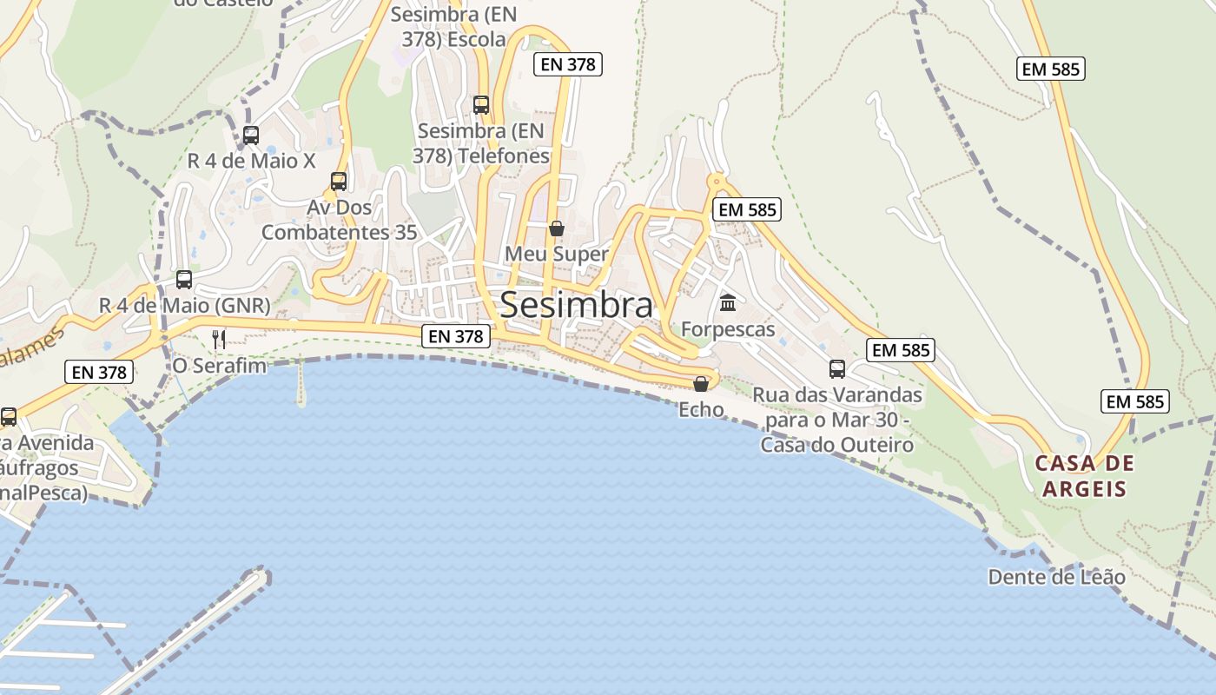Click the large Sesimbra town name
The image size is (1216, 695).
click(x=576, y=305)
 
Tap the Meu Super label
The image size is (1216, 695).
click(x=557, y=255)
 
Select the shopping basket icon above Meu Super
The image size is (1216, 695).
click(x=557, y=228)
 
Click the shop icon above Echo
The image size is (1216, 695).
click(x=701, y=383)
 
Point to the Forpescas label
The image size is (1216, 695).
click(x=728, y=329)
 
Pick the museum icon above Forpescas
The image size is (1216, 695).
click(x=728, y=303)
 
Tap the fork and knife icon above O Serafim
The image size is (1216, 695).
click(x=219, y=339)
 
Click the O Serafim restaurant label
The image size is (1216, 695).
click(x=219, y=365)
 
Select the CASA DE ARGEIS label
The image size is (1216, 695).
click(x=1085, y=475)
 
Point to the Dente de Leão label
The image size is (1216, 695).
click(x=1056, y=577)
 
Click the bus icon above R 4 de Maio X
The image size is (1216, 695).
click(x=251, y=136)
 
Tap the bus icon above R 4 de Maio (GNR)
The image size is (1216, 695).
click(x=184, y=280)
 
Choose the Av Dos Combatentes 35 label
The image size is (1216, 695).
click(x=340, y=220)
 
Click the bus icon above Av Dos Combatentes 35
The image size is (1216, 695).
click(x=339, y=182)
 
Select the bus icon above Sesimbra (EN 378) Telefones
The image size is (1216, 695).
click(x=481, y=105)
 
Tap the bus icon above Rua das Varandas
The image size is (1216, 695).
click(x=837, y=369)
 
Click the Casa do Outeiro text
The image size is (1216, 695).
click(x=837, y=445)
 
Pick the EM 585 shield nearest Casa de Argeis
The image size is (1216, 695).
click(x=1135, y=401)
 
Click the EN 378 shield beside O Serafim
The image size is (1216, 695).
click(x=100, y=373)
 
